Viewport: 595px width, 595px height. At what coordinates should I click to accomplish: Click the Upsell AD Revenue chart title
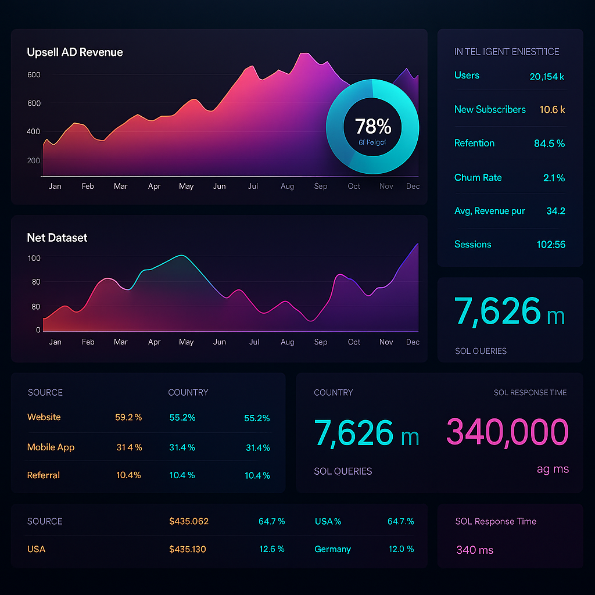pyautogui.click(x=75, y=52)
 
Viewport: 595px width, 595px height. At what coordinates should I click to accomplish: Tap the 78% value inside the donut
pyautogui.click(x=372, y=126)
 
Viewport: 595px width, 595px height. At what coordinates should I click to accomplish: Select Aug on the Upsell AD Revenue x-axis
pyautogui.click(x=287, y=187)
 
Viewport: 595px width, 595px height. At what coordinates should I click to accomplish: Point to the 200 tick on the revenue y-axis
pyautogui.click(x=34, y=161)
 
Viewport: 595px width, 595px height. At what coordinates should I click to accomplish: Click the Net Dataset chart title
pyautogui.click(x=57, y=238)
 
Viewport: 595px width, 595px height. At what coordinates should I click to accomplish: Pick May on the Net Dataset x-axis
pyautogui.click(x=186, y=342)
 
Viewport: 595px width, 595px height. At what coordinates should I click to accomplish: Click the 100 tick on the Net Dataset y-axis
pyautogui.click(x=34, y=258)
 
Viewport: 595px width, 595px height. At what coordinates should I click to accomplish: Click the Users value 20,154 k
pyautogui.click(x=547, y=76)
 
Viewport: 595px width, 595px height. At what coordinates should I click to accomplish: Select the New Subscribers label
pyautogui.click(x=490, y=110)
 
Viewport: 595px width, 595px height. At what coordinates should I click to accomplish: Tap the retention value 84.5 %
pyautogui.click(x=549, y=144)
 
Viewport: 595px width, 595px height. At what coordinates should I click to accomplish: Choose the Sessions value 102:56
pyautogui.click(x=550, y=245)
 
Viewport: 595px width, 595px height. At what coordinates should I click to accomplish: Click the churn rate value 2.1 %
pyautogui.click(x=554, y=178)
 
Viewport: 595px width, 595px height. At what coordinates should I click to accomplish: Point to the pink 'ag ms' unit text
pyautogui.click(x=552, y=469)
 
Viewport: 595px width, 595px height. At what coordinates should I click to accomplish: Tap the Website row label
pyautogui.click(x=44, y=417)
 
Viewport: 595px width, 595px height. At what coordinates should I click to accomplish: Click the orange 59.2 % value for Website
pyautogui.click(x=128, y=417)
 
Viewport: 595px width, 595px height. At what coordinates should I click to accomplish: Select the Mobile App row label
pyautogui.click(x=51, y=447)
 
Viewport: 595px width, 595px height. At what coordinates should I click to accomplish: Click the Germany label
pyautogui.click(x=332, y=549)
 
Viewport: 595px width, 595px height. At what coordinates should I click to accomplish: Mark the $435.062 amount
pyautogui.click(x=188, y=521)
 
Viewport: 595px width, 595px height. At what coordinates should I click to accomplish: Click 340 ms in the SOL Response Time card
pyautogui.click(x=474, y=550)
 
